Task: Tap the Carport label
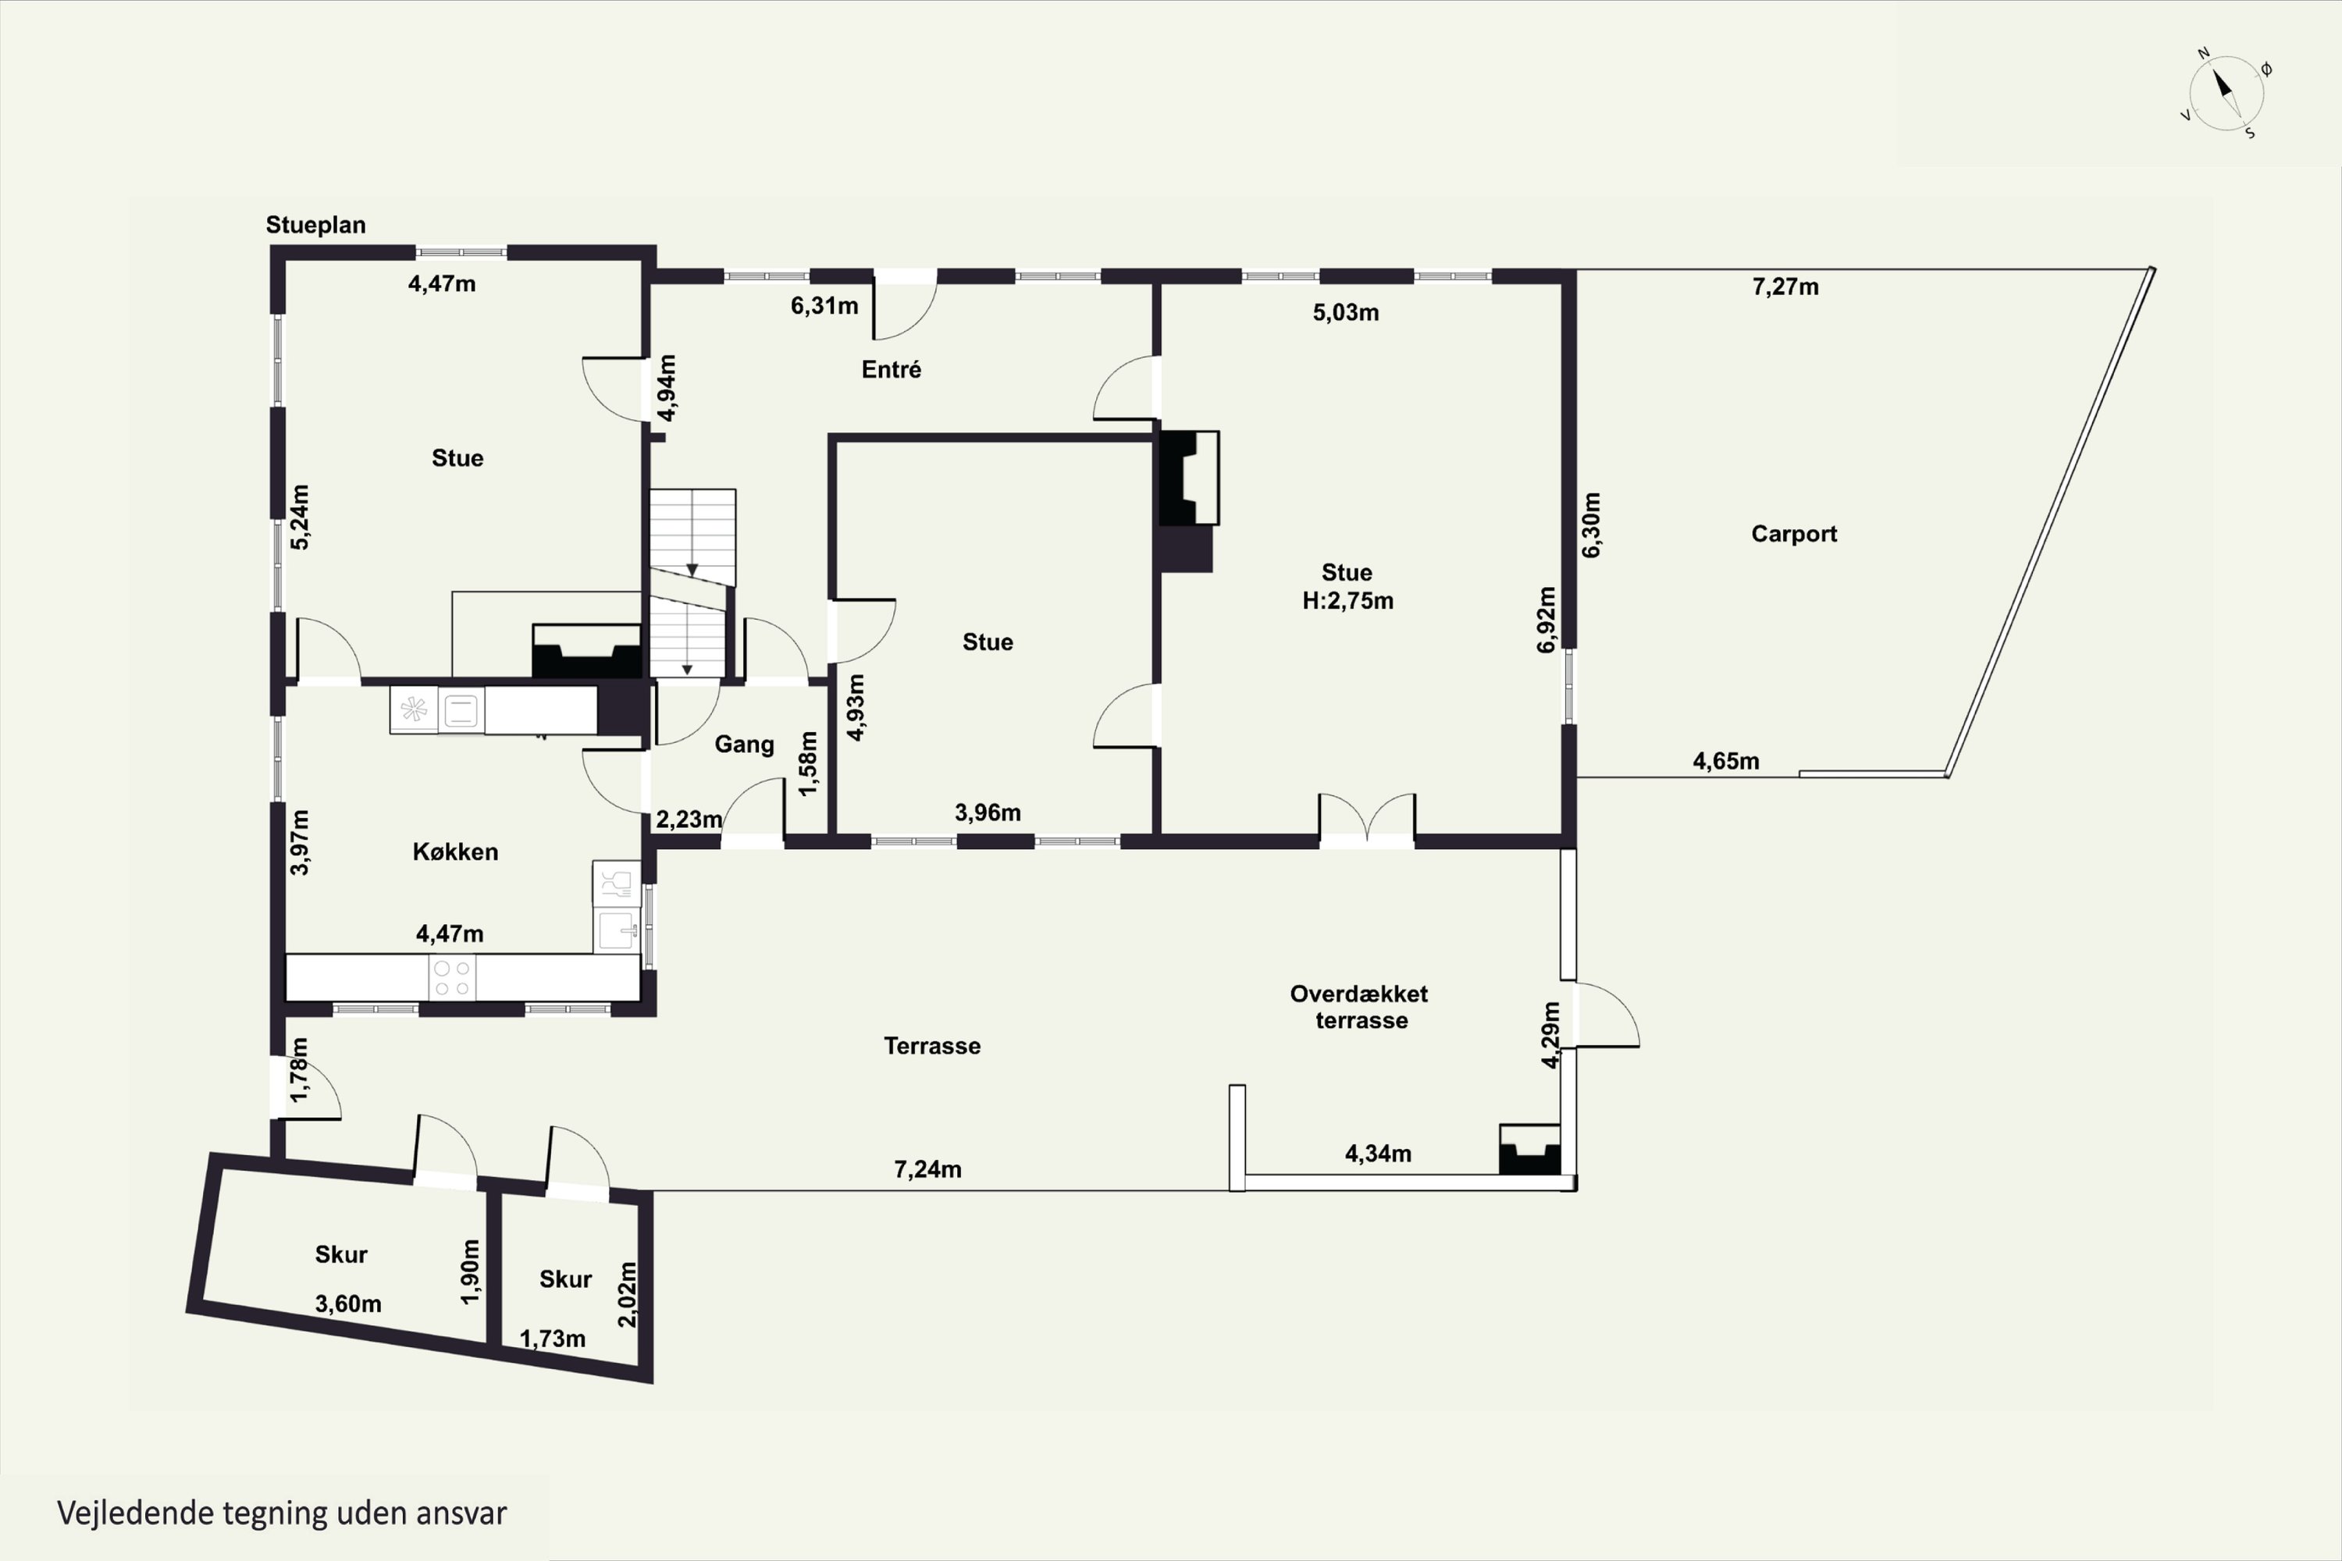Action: point(1793,534)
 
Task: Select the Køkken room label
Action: point(455,852)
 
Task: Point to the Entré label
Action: point(892,369)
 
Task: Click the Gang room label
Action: point(744,745)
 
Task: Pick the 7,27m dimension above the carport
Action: point(1785,286)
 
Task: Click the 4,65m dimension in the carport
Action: point(1725,762)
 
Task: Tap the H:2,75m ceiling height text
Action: point(1347,600)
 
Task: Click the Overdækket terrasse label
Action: point(1359,1007)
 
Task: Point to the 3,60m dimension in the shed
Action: point(347,1303)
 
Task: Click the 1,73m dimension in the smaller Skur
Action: point(552,1339)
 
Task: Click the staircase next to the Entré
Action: point(691,582)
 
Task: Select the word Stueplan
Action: point(315,225)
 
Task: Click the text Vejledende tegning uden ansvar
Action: point(282,1513)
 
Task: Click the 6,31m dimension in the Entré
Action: point(824,306)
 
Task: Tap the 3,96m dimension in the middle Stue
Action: point(987,813)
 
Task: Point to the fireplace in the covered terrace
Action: point(1530,1150)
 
